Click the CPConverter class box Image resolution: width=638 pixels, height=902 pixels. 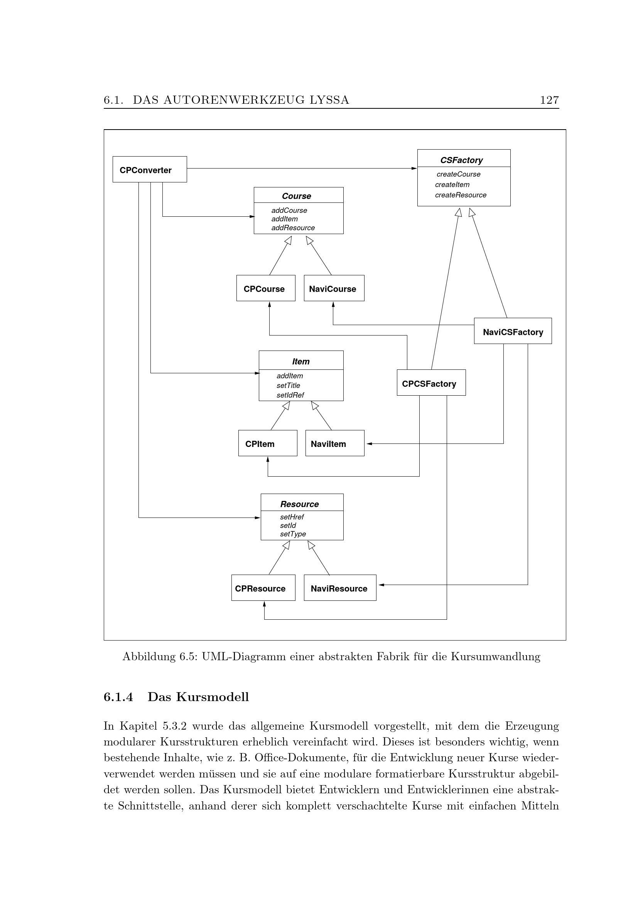coord(149,169)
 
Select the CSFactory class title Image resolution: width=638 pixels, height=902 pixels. coord(461,160)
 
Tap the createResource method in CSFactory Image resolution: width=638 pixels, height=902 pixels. coord(461,195)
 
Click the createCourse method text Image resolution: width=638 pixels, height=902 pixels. coord(458,174)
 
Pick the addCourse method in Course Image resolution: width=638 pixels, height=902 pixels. coord(289,210)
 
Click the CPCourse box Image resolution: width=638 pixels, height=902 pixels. coord(265,288)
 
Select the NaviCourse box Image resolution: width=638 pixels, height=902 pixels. coord(334,288)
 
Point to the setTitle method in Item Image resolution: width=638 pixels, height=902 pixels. coord(289,385)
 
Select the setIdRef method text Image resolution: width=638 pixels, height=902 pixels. coord(290,395)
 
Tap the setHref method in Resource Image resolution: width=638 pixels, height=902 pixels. coord(292,517)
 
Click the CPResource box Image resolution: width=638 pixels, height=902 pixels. coord(263,588)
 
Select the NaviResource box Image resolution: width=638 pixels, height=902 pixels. coord(339,588)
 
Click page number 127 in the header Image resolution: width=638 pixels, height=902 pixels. coord(549,100)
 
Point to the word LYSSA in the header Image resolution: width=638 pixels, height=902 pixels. coord(329,100)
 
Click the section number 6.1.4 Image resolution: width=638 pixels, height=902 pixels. coord(118,697)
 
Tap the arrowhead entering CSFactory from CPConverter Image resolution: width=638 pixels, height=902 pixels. coord(414,169)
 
